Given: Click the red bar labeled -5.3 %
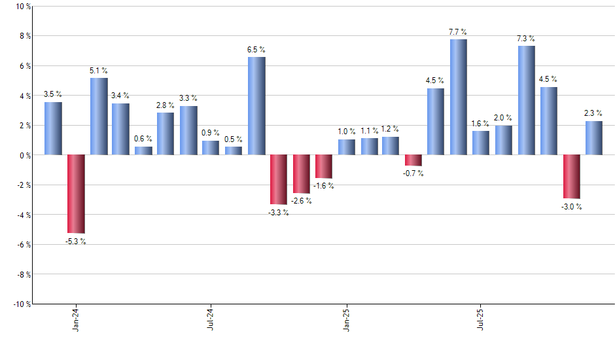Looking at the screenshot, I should [76, 194].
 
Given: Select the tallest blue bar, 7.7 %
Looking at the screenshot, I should [458, 97].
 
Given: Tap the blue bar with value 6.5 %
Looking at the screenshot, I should [256, 106].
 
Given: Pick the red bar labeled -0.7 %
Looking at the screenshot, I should [413, 160].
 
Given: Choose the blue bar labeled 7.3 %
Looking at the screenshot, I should [526, 100].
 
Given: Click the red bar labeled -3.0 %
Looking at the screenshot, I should [571, 177].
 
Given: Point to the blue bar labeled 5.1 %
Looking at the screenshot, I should [99, 117].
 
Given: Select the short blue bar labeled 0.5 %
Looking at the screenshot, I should [234, 151].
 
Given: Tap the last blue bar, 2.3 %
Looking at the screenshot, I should [594, 138].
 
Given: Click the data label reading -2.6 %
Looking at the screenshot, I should [302, 201].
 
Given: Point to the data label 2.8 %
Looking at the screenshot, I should [166, 105].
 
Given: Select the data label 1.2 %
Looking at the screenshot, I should [391, 129].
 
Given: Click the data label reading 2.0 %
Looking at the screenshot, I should [504, 118].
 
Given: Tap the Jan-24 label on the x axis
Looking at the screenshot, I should [76, 319].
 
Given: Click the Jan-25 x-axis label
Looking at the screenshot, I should [346, 319].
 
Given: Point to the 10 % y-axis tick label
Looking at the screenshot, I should [22, 7].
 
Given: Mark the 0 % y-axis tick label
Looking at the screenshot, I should [24, 155].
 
